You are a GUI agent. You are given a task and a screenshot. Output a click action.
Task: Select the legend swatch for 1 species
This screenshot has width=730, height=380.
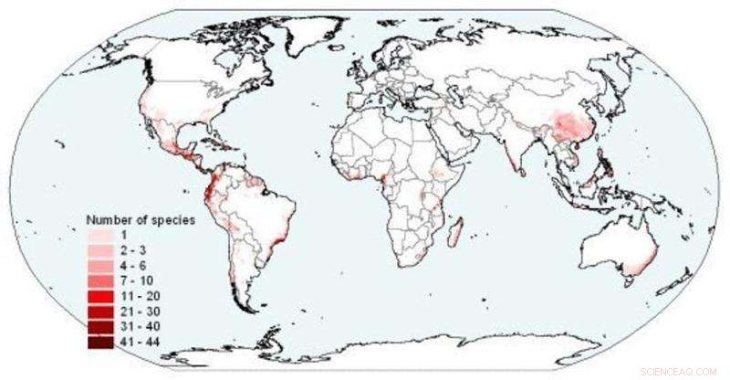point(100,235)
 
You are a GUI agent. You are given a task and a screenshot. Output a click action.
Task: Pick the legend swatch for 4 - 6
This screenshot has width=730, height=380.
point(100,266)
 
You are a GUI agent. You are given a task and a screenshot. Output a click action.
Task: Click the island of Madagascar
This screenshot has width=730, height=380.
point(455,229)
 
